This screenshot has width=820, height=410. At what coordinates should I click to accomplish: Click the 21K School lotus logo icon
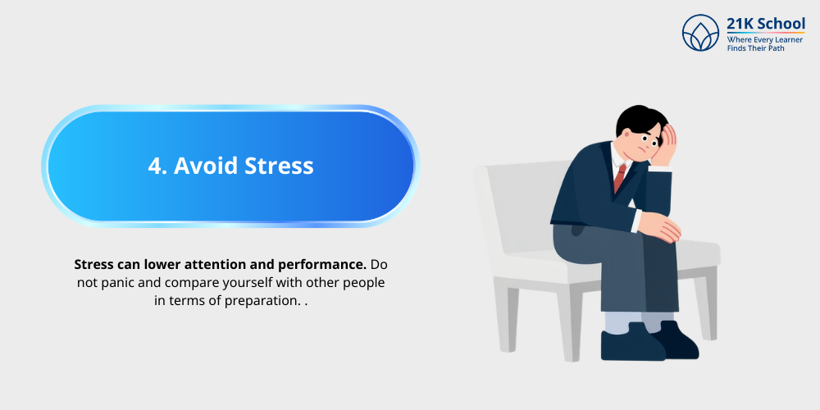pyautogui.click(x=700, y=34)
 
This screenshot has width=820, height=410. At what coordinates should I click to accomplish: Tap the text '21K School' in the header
pyautogui.click(x=766, y=24)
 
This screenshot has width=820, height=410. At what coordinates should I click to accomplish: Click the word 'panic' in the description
pyautogui.click(x=114, y=283)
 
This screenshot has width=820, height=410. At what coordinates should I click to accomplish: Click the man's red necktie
pyautogui.click(x=620, y=177)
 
